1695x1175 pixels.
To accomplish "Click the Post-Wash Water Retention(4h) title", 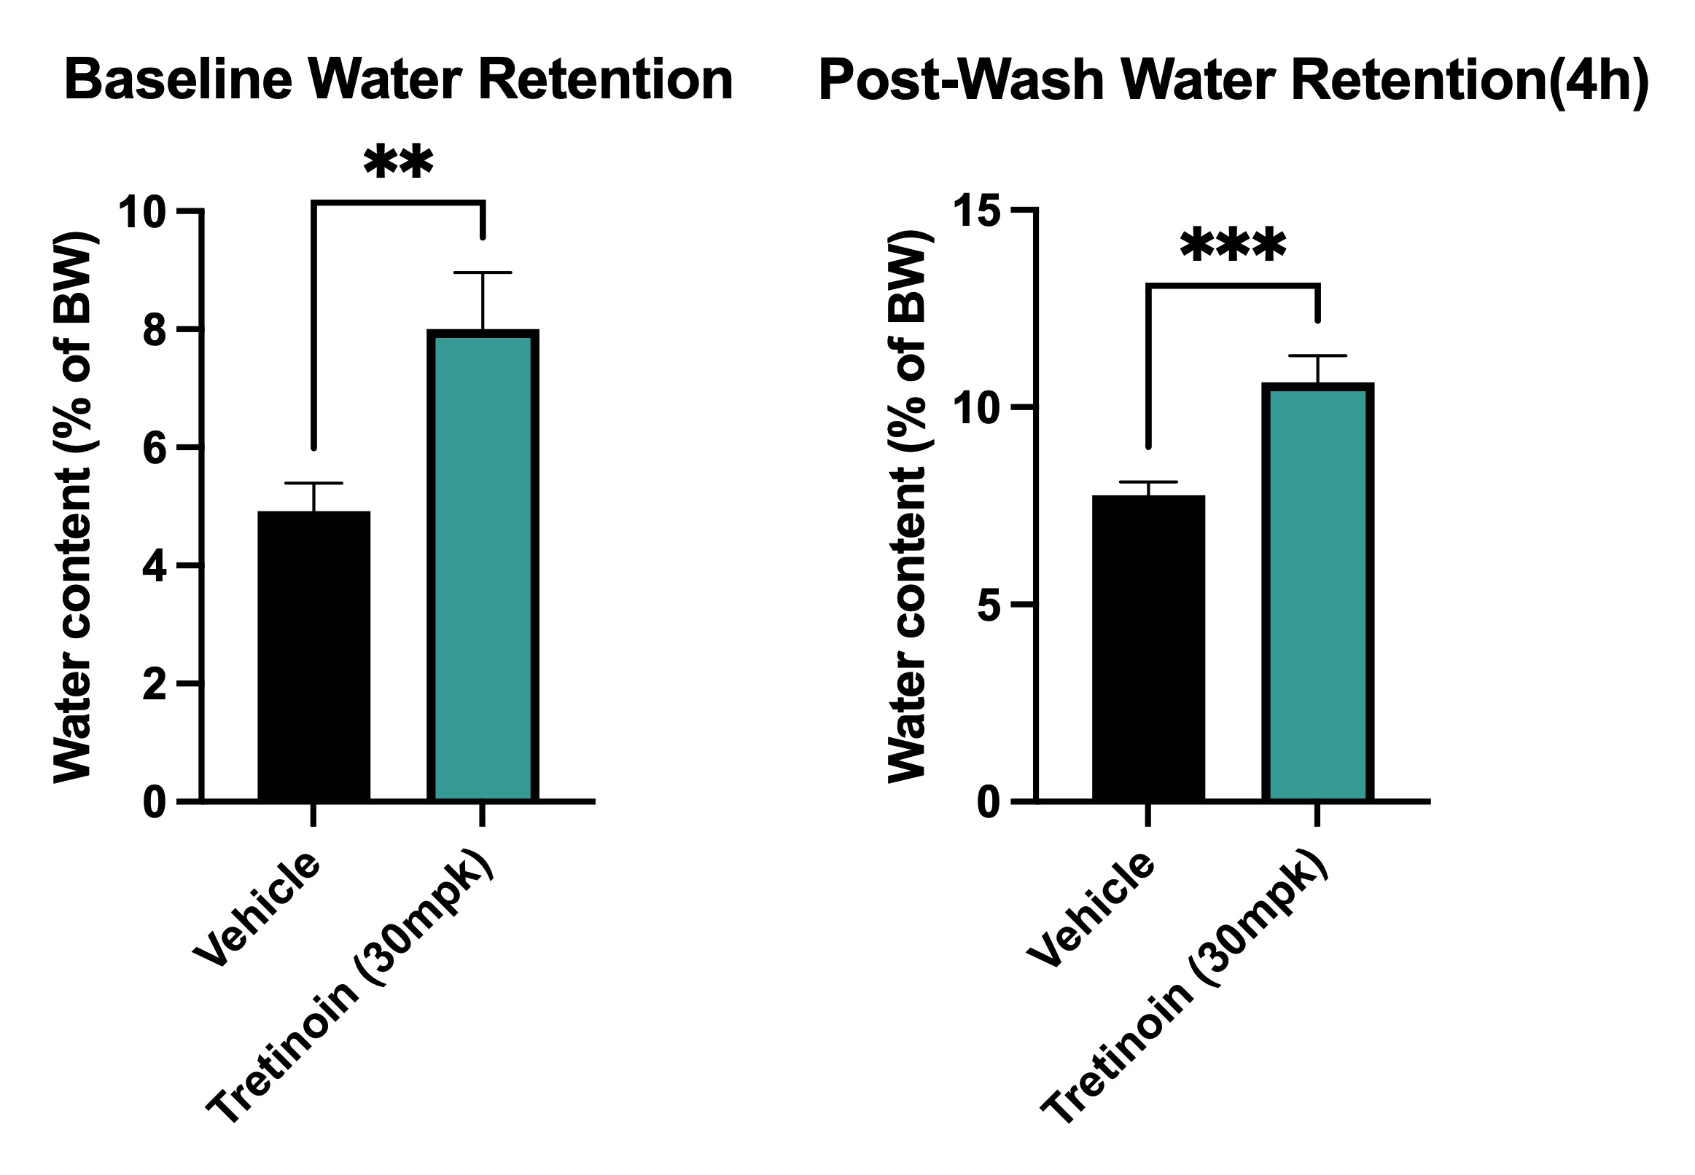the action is (x=1234, y=82).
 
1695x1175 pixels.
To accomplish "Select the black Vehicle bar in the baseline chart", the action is (x=313, y=655).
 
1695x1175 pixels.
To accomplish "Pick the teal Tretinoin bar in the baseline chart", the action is (x=483, y=565).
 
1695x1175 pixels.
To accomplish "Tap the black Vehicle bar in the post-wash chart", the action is (x=1148, y=648).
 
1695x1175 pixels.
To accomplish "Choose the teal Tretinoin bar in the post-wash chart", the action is (x=1317, y=592).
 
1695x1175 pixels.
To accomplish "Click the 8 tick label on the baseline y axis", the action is (x=155, y=331).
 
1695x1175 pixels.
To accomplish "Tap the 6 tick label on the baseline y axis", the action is (x=155, y=448).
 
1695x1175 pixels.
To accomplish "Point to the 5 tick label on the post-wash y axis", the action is (x=989, y=605).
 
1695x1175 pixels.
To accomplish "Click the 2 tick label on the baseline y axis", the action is (x=155, y=685).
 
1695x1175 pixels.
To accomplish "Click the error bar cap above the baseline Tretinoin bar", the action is (x=483, y=272).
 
